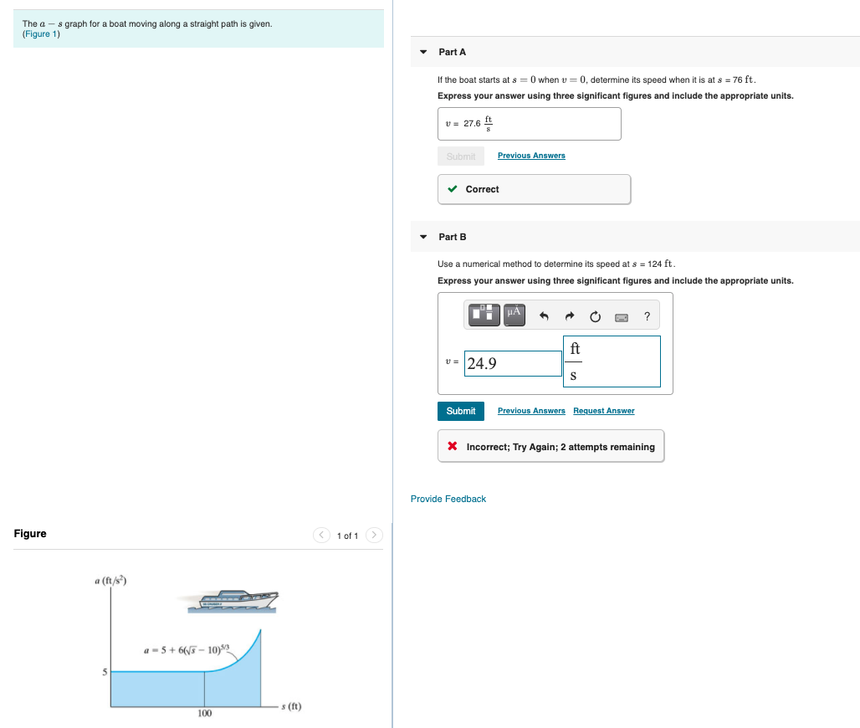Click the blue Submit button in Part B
pyautogui.click(x=461, y=411)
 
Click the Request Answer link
pyautogui.click(x=603, y=411)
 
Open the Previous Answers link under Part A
pyautogui.click(x=531, y=156)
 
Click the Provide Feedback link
pyautogui.click(x=448, y=499)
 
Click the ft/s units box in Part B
pyautogui.click(x=612, y=361)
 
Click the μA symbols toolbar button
pyautogui.click(x=514, y=315)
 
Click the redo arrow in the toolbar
pyautogui.click(x=570, y=316)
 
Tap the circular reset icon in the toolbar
pyautogui.click(x=595, y=316)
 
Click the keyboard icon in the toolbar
pyautogui.click(x=622, y=316)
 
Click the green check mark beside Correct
pyautogui.click(x=453, y=189)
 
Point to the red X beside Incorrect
pyautogui.click(x=453, y=447)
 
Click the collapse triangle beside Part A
pyautogui.click(x=423, y=52)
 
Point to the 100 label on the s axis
pyautogui.click(x=204, y=713)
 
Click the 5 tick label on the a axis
pyautogui.click(x=105, y=671)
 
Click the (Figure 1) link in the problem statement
pyautogui.click(x=41, y=34)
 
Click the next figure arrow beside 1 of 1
pyautogui.click(x=374, y=536)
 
